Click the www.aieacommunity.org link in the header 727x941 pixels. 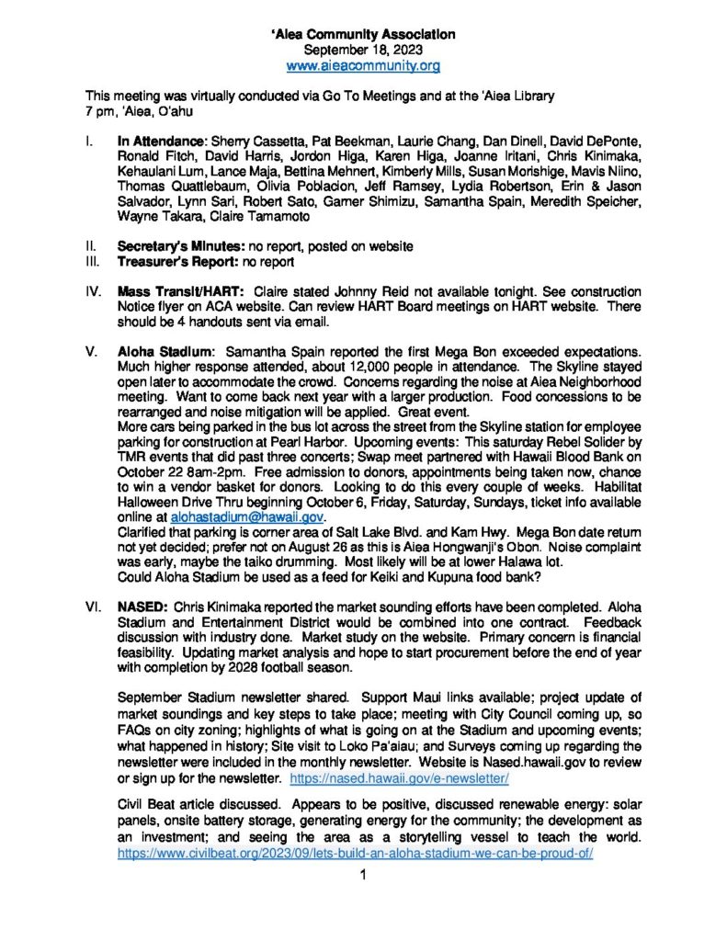363,66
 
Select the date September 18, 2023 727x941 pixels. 363,50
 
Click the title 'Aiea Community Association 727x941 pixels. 363,34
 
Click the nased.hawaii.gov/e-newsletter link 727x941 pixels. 400,778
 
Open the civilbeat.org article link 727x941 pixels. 356,853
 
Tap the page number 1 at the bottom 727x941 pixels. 364,875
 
